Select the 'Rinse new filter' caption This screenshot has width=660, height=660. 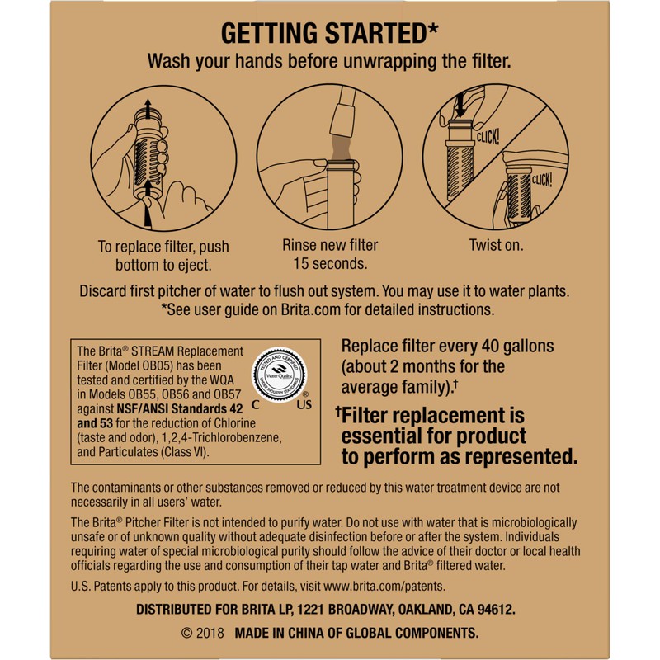coord(330,246)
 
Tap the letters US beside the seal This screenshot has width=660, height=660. coord(305,405)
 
